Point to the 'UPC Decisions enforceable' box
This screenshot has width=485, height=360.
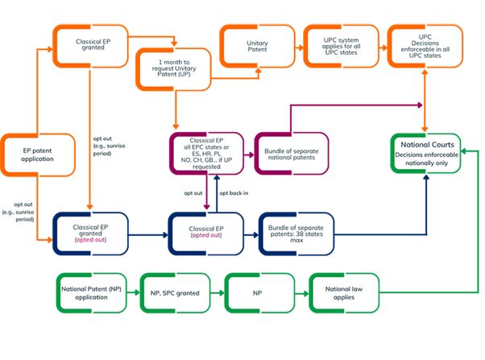[425, 42]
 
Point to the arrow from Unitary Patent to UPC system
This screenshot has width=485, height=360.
[297, 40]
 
